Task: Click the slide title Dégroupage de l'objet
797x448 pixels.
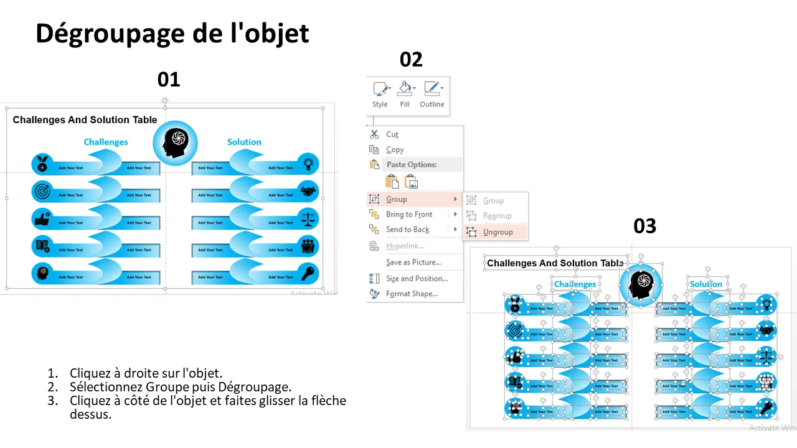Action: [x=172, y=34]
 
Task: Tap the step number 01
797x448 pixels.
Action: [x=168, y=80]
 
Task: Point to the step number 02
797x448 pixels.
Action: [x=411, y=60]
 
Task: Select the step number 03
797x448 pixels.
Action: [x=644, y=226]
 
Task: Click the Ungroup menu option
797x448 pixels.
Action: [x=498, y=232]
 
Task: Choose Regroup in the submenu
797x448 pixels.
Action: [x=497, y=216]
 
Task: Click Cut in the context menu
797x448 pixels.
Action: [x=392, y=134]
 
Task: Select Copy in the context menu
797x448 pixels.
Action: [x=395, y=150]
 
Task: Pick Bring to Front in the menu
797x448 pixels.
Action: [x=408, y=215]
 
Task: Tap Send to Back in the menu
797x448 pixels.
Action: [x=407, y=230]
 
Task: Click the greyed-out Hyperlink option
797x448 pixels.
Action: [x=405, y=246]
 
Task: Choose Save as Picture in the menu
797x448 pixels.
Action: [x=413, y=262]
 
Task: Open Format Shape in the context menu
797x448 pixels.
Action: [x=412, y=294]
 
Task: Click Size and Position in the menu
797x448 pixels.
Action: [x=417, y=279]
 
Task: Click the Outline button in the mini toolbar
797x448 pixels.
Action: [x=432, y=95]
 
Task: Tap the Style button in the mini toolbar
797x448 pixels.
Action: [x=380, y=95]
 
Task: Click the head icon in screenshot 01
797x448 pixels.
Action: [x=175, y=142]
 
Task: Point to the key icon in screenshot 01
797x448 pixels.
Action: [x=308, y=272]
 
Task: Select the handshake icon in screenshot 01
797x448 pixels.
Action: [x=308, y=191]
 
